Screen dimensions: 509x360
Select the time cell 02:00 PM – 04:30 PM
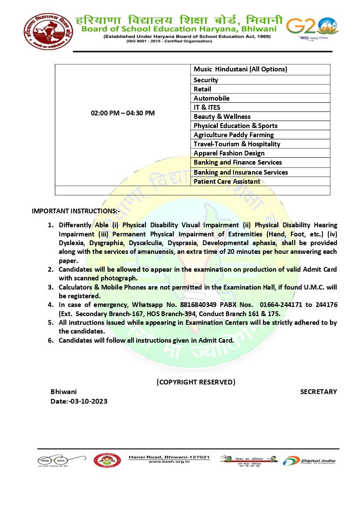click(122, 113)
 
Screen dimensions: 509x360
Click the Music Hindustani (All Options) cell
click(240, 69)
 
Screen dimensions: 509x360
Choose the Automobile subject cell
click(212, 98)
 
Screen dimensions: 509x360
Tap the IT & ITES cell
click(207, 108)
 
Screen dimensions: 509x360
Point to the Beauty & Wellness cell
click(222, 117)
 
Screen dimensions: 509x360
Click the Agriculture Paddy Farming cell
click(234, 135)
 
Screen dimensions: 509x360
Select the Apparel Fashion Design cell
click(229, 153)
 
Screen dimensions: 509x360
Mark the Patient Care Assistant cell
click(227, 182)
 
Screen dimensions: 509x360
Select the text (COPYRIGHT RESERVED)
click(196, 382)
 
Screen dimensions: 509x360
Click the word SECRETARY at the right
click(318, 392)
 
